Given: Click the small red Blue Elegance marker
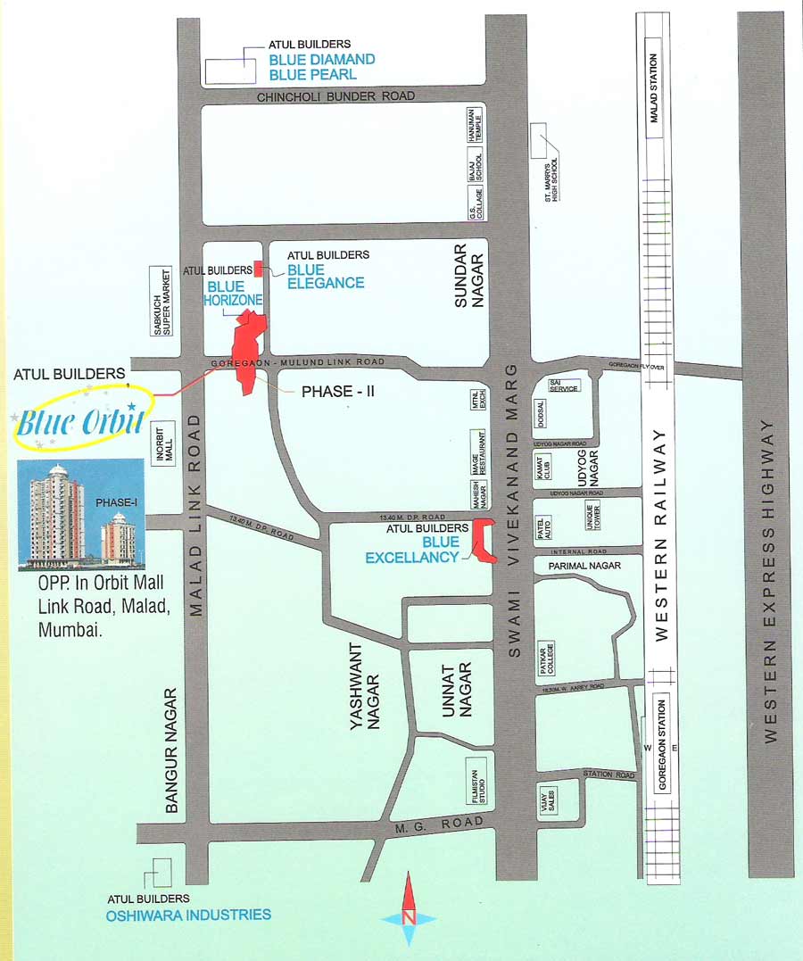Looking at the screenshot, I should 258,268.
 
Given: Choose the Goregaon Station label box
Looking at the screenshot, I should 662,742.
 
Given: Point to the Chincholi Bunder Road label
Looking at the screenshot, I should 336,96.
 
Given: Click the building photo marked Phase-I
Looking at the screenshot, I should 81,514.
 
